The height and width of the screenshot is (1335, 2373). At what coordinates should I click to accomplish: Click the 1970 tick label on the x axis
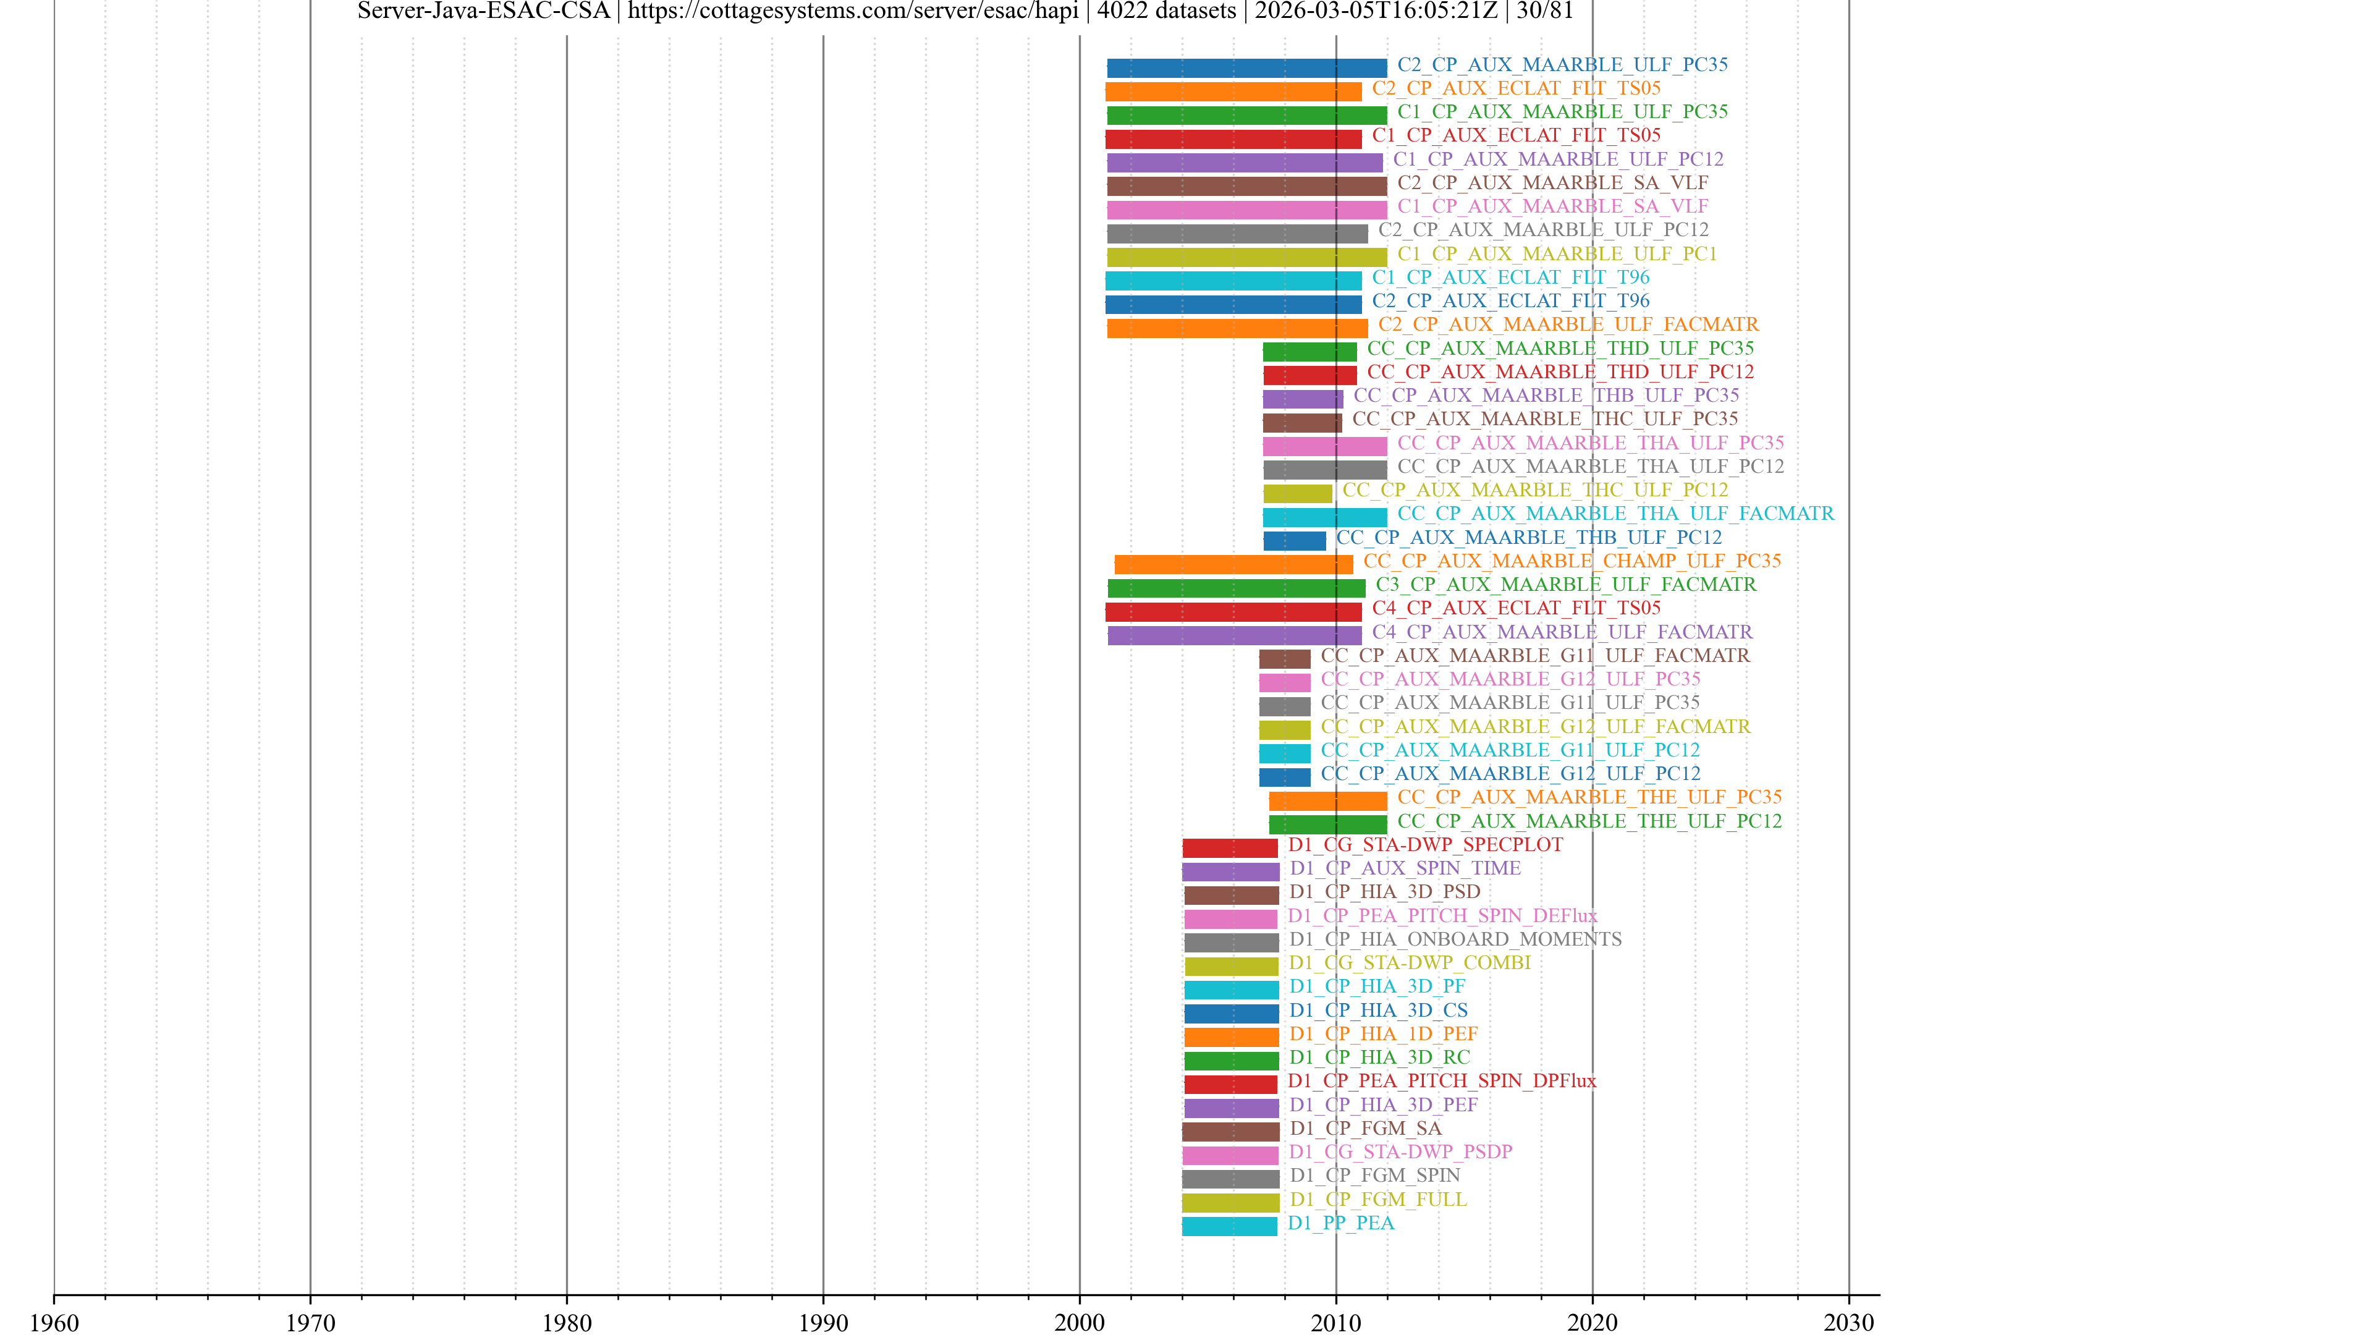310,1322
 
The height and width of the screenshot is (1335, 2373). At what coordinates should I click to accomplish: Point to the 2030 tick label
1848,1322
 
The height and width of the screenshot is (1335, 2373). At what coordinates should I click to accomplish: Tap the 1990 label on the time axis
823,1322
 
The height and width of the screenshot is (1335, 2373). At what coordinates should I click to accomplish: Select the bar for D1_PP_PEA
1229,1226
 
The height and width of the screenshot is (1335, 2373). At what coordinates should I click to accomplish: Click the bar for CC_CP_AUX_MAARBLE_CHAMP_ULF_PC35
1233,564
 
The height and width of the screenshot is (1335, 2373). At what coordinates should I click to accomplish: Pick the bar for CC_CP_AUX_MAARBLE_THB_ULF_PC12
1294,541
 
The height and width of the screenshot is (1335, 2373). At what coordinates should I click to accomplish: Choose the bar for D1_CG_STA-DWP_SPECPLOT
1230,847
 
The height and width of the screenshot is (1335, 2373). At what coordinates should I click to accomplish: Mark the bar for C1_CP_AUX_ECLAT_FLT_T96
1233,280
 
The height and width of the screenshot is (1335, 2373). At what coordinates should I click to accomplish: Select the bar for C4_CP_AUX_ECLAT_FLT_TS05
1233,611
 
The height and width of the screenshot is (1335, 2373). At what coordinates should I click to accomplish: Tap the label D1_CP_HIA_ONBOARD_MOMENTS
1455,939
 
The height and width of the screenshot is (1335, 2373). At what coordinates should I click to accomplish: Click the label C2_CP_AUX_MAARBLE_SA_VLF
1552,182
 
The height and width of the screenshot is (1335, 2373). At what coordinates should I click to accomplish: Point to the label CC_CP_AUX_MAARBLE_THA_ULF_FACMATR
1615,513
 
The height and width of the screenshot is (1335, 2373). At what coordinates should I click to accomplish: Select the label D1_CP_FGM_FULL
1377,1198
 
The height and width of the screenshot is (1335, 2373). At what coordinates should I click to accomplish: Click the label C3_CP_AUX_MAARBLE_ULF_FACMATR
1565,584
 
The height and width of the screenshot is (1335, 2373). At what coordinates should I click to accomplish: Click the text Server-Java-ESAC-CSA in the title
484,11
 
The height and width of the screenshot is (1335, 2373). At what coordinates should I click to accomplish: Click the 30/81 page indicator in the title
1545,11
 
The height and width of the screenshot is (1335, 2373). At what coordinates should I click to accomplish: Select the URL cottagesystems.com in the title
853,11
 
